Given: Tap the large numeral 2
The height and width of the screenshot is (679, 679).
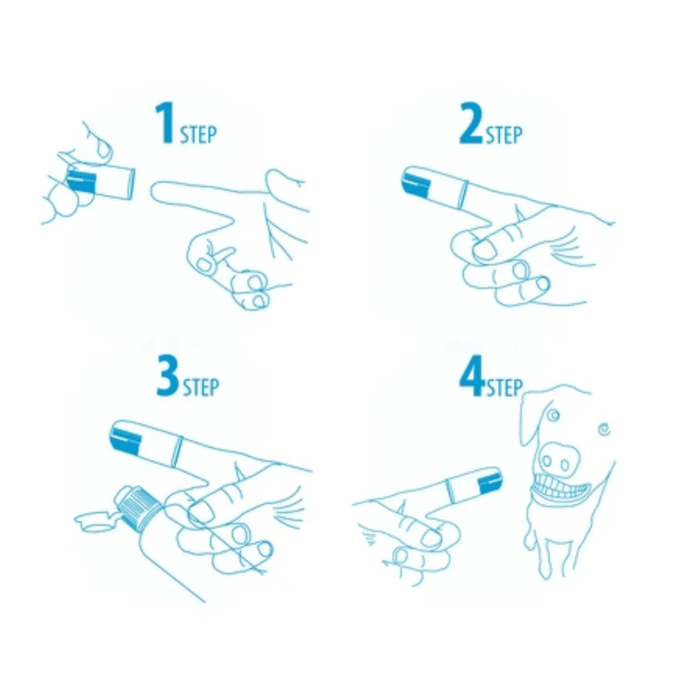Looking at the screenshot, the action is coord(471,123).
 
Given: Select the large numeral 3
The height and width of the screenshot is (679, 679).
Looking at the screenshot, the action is coord(168,375).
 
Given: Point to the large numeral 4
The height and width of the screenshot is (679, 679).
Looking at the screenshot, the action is coord(472,375).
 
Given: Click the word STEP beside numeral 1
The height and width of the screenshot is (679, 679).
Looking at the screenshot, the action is coord(198,135).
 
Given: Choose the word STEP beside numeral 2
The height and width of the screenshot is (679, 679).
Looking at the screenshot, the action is coord(504,135).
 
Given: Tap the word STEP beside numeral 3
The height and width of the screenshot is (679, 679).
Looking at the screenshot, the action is coord(201,387).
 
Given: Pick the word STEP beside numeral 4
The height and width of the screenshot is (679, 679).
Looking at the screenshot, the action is coord(505,387).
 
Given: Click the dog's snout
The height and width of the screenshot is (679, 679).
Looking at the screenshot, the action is coord(559,460).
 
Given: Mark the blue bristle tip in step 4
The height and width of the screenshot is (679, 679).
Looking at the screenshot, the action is coord(491,482).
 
